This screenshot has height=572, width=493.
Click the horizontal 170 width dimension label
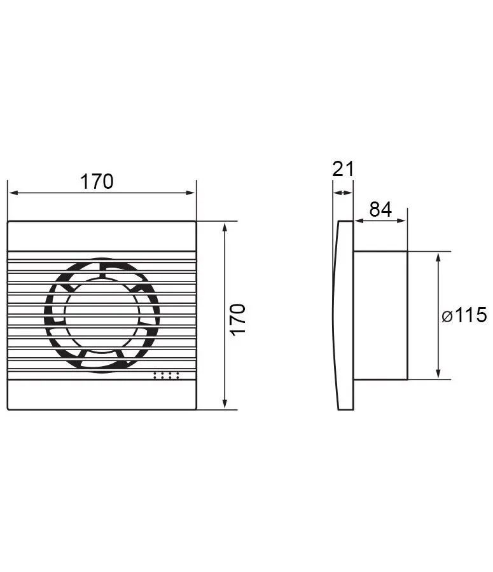pos(97,181)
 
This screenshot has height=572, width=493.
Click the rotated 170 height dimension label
pos(238,319)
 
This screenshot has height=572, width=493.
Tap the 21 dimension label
pos(343,169)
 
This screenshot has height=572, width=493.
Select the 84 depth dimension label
pos(380,209)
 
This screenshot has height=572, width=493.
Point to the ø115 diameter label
pos(464,315)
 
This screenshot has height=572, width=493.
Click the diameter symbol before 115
pos(447,316)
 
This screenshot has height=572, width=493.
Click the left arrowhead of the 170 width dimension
pos(13,193)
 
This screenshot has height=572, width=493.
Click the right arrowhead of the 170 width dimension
pos(191,193)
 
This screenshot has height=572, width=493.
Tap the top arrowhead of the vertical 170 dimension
pos(225,226)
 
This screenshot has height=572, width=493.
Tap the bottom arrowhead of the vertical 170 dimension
pos(225,404)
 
